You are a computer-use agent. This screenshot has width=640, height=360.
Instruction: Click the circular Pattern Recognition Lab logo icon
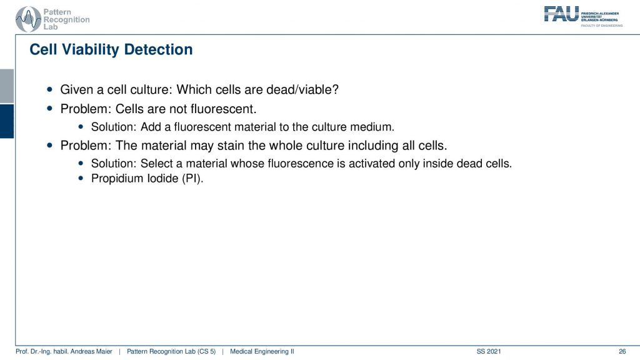click(x=28, y=19)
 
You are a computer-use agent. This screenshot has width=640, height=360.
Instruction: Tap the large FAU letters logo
click(x=561, y=14)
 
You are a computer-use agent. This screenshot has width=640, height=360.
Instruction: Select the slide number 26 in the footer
click(x=622, y=351)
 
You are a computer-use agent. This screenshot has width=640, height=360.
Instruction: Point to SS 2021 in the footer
click(x=489, y=351)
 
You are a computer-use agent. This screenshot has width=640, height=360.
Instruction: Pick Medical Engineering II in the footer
click(x=262, y=351)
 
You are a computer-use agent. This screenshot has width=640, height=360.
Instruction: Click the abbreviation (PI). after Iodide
click(x=192, y=179)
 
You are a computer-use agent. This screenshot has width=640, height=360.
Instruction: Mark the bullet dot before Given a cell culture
click(x=50, y=89)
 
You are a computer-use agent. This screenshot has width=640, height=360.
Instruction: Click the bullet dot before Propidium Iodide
click(x=81, y=178)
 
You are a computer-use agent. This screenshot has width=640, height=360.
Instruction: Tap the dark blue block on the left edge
click(x=7, y=121)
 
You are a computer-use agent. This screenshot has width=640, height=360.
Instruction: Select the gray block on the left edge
click(x=7, y=86)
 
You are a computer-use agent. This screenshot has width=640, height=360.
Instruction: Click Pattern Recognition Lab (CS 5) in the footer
click(x=171, y=351)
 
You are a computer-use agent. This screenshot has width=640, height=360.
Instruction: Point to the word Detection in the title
click(x=158, y=49)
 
